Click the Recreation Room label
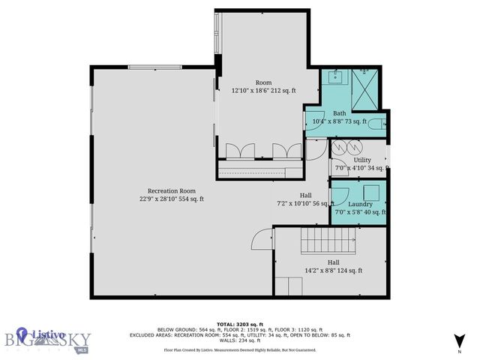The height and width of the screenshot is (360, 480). click(x=171, y=190)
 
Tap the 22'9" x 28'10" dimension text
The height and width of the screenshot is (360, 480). click(x=171, y=199)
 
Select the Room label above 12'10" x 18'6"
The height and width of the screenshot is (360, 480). click(x=263, y=82)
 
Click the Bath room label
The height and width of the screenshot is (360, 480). click(x=339, y=113)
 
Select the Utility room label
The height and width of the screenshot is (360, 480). click(x=362, y=160)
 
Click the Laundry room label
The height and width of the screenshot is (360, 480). click(x=360, y=203)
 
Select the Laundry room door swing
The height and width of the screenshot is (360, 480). click(x=339, y=194)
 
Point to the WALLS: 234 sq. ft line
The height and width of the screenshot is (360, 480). click(x=240, y=340)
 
